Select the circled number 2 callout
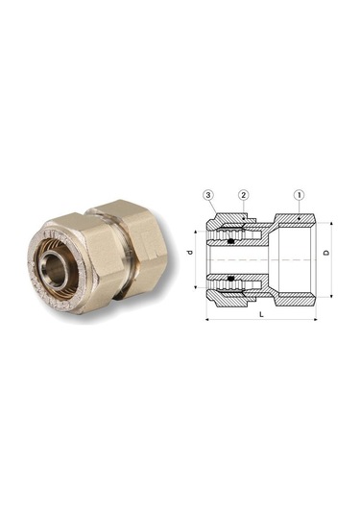[244, 195]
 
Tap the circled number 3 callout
[207, 195]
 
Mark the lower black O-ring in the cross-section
[234, 281]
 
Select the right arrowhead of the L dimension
[314, 318]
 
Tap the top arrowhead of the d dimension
[198, 231]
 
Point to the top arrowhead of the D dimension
[331, 223]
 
